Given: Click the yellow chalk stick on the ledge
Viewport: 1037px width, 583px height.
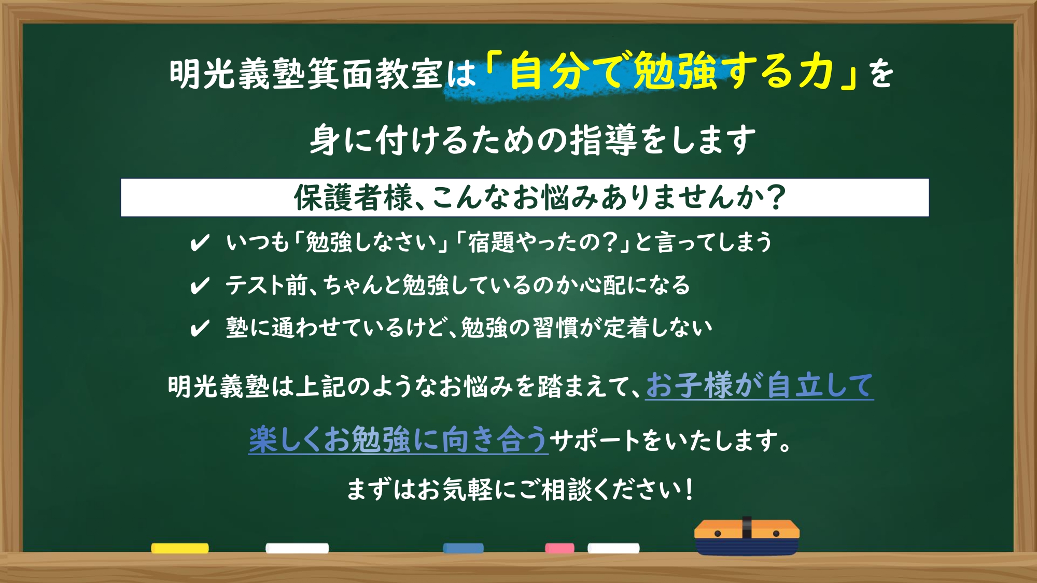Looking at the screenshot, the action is click(x=180, y=548).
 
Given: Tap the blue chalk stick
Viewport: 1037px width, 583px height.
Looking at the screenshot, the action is click(x=464, y=548).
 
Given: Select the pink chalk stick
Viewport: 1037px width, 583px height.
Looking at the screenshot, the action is click(x=559, y=548).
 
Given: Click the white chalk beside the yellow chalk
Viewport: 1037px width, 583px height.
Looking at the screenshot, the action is click(x=297, y=548).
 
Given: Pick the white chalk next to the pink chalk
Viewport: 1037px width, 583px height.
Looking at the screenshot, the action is click(x=613, y=548).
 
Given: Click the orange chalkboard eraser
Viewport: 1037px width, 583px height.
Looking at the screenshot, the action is click(x=747, y=536).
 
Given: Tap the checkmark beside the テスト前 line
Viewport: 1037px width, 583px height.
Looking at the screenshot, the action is click(x=200, y=286).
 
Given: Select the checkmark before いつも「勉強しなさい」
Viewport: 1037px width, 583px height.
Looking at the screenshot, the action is click(x=200, y=243).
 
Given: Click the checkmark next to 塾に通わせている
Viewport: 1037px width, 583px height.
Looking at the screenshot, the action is click(x=200, y=328).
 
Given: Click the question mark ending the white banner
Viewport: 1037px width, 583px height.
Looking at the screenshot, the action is click(x=776, y=197).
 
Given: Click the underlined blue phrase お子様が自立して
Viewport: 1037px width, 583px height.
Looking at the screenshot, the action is click(x=760, y=386).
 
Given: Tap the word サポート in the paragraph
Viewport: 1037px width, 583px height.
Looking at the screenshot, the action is click(x=595, y=440).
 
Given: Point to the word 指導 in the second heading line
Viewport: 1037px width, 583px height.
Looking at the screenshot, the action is click(x=604, y=140).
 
